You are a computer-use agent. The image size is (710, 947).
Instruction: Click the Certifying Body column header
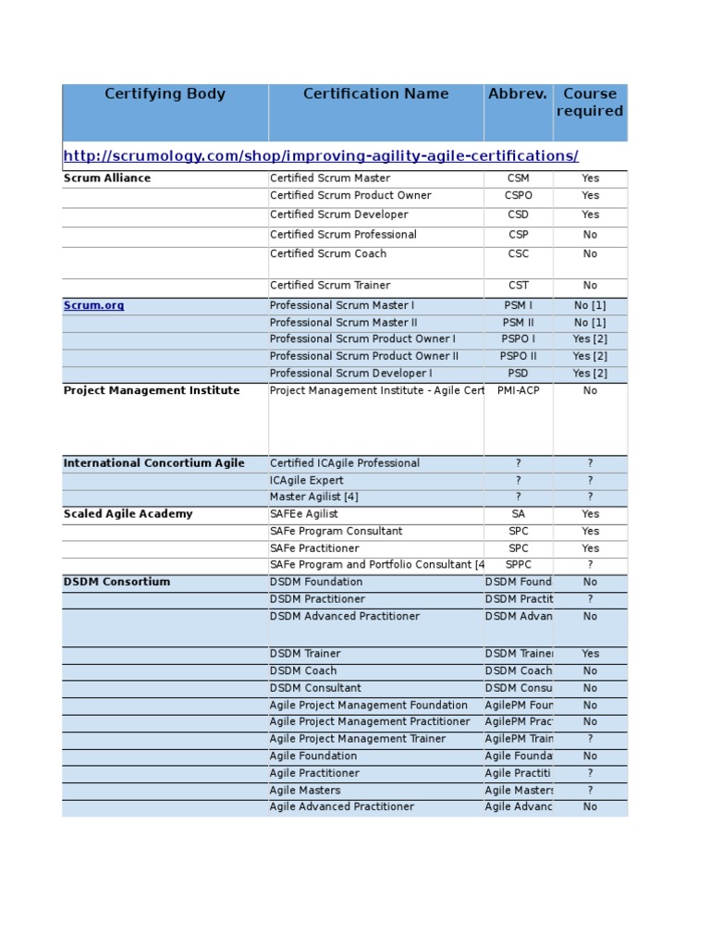tap(165, 94)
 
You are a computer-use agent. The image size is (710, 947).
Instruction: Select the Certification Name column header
tap(375, 94)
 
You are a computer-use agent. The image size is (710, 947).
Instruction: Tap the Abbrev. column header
tap(518, 94)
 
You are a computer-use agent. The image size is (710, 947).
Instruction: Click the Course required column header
tap(590, 103)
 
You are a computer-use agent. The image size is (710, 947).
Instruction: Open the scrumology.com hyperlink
tap(321, 155)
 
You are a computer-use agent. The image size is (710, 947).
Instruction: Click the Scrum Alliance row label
tap(107, 178)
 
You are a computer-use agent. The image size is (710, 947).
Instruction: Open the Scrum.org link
tap(93, 305)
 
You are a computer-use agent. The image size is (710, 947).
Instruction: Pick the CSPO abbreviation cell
tap(519, 196)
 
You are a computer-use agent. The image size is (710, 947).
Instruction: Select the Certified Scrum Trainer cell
tap(330, 286)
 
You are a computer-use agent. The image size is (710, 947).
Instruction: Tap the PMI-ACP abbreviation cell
tap(518, 391)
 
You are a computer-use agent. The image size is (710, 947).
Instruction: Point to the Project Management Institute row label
tap(152, 391)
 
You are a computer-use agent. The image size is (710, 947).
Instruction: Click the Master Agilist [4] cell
tap(314, 498)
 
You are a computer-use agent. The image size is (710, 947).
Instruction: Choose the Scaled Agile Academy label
tap(129, 514)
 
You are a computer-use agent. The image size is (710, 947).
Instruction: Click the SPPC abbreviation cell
tap(519, 565)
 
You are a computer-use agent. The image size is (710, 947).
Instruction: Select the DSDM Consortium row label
tap(116, 583)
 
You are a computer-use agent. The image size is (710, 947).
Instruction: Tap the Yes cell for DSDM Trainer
tap(590, 654)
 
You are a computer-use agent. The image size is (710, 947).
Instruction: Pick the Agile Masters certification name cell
tap(305, 791)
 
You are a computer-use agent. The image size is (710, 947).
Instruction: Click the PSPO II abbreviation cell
tap(519, 356)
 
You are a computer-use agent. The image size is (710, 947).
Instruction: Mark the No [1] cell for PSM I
tap(590, 305)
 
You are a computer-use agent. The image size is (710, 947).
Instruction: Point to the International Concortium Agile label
tap(154, 463)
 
